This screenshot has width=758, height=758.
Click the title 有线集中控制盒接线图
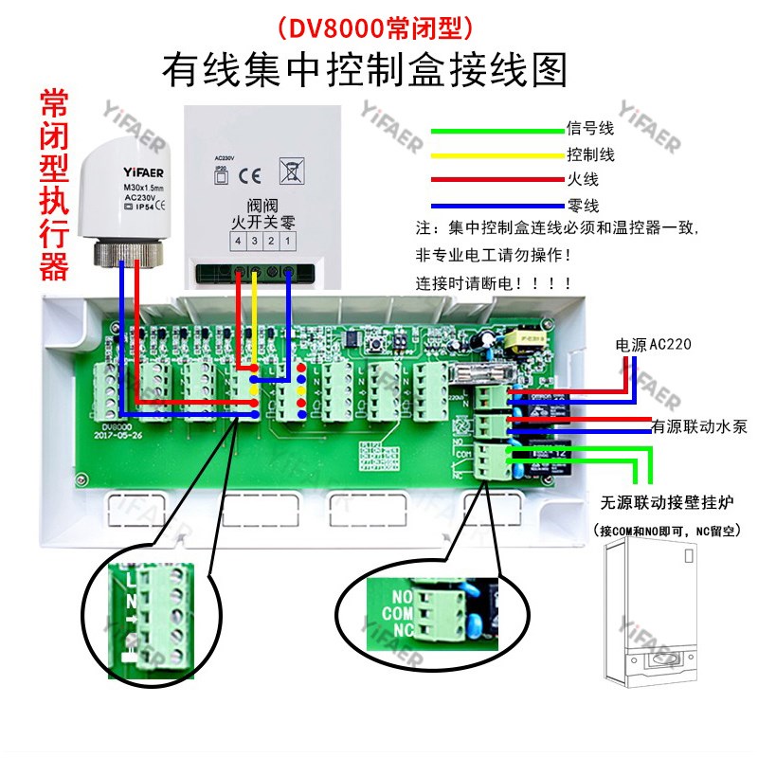pos(365,68)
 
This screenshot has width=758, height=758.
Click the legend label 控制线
pos(590,153)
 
